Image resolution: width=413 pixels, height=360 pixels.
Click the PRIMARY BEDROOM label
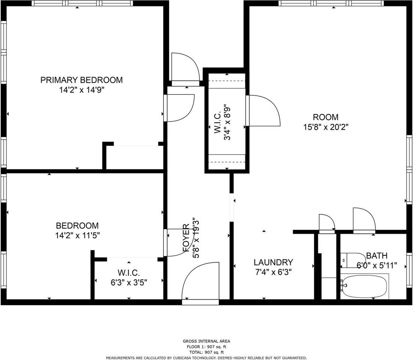tap(81, 80)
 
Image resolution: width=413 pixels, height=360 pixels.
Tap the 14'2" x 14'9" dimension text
tap(82, 90)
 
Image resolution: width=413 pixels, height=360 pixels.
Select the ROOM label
tap(326, 117)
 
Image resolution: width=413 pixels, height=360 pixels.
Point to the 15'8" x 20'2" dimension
tap(326, 127)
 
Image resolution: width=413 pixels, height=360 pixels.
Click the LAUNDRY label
tap(273, 262)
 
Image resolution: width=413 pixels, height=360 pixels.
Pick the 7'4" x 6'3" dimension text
tap(273, 272)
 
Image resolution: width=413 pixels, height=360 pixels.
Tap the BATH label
tap(377, 255)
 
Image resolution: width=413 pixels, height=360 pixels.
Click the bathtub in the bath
tap(365, 286)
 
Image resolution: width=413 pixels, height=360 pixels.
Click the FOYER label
tap(186, 237)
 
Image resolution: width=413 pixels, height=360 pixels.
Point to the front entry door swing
tap(201, 281)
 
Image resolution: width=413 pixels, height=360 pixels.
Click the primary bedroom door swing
tap(179, 108)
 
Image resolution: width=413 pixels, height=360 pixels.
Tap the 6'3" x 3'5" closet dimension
tap(129, 282)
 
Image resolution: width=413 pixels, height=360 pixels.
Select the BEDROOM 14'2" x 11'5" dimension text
tap(77, 235)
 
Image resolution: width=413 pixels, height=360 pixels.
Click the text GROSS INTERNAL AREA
tap(206, 341)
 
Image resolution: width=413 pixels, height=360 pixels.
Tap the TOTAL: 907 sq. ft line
tap(206, 352)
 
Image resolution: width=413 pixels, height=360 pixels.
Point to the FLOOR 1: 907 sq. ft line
tap(206, 347)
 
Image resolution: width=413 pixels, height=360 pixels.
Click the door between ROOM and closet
tap(263, 111)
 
